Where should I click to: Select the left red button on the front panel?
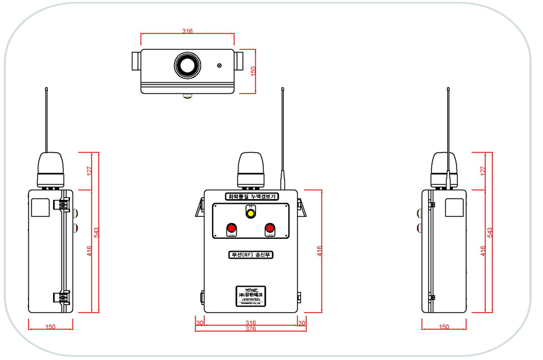[x=231, y=228]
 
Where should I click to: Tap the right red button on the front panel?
[x=269, y=228]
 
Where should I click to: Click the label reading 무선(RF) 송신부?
[x=250, y=255]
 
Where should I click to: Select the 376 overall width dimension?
[x=250, y=328]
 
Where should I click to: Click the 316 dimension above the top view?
[x=187, y=30]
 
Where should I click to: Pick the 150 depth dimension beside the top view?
[x=252, y=71]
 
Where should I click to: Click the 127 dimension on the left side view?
[x=90, y=170]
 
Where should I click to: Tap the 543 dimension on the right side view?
[x=490, y=231]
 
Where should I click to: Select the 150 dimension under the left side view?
[x=51, y=327]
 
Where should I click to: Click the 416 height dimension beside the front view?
[x=320, y=250]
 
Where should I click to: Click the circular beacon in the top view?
[x=187, y=64]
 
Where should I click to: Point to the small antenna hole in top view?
[x=219, y=66]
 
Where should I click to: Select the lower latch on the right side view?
[x=431, y=296]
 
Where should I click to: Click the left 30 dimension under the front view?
[x=200, y=322]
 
